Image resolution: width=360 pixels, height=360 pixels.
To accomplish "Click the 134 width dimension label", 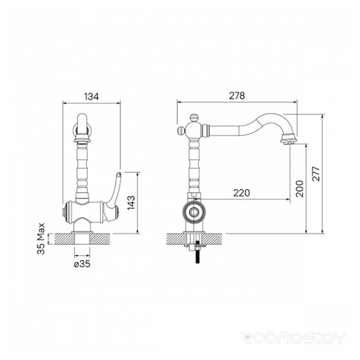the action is (91, 96).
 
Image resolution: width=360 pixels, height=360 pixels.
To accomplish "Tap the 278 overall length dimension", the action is (237, 96).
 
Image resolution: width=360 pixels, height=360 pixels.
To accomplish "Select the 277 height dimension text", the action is (316, 174).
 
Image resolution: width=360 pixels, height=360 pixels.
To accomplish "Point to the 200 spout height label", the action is (300, 189).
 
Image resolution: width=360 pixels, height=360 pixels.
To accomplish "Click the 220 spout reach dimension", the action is (241, 193).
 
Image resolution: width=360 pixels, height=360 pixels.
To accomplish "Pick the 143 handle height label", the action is (131, 203).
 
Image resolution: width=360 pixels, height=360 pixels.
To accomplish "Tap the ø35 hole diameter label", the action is (82, 264).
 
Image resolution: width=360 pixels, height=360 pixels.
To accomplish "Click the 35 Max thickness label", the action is (41, 238).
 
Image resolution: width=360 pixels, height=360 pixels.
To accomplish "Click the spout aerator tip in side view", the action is (288, 140).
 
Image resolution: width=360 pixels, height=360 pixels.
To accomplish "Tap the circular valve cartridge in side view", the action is (194, 212).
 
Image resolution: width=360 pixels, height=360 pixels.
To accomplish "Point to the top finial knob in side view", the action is (194, 117).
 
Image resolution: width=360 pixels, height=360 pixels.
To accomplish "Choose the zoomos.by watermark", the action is (293, 338).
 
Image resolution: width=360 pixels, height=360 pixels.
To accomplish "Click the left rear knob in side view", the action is (181, 131).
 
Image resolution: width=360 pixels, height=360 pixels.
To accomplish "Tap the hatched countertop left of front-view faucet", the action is (63, 239).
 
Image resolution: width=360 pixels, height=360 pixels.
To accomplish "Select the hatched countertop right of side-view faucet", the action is (213, 239).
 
